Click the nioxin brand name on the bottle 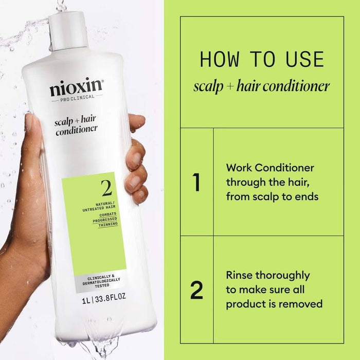[x=77, y=88]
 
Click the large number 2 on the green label [x=106, y=189]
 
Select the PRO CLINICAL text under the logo [x=77, y=100]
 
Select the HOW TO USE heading [x=262, y=60]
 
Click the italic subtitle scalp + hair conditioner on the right [x=261, y=86]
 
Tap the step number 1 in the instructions [x=196, y=183]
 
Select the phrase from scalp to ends [x=273, y=196]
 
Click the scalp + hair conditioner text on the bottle [x=76, y=123]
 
